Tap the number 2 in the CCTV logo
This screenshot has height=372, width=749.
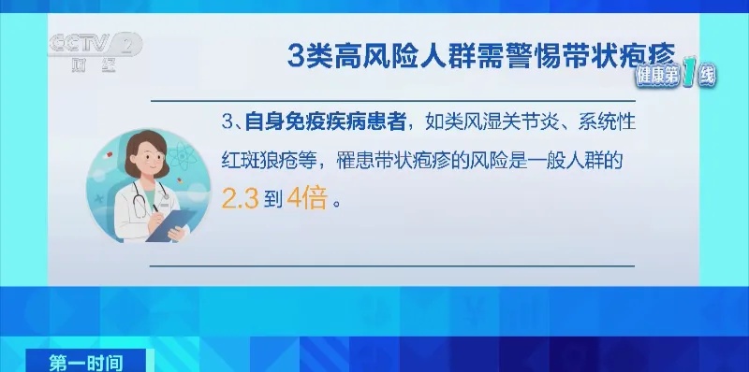[129, 43]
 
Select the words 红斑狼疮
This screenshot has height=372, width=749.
[263, 161]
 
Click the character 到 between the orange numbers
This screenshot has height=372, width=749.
[272, 200]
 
